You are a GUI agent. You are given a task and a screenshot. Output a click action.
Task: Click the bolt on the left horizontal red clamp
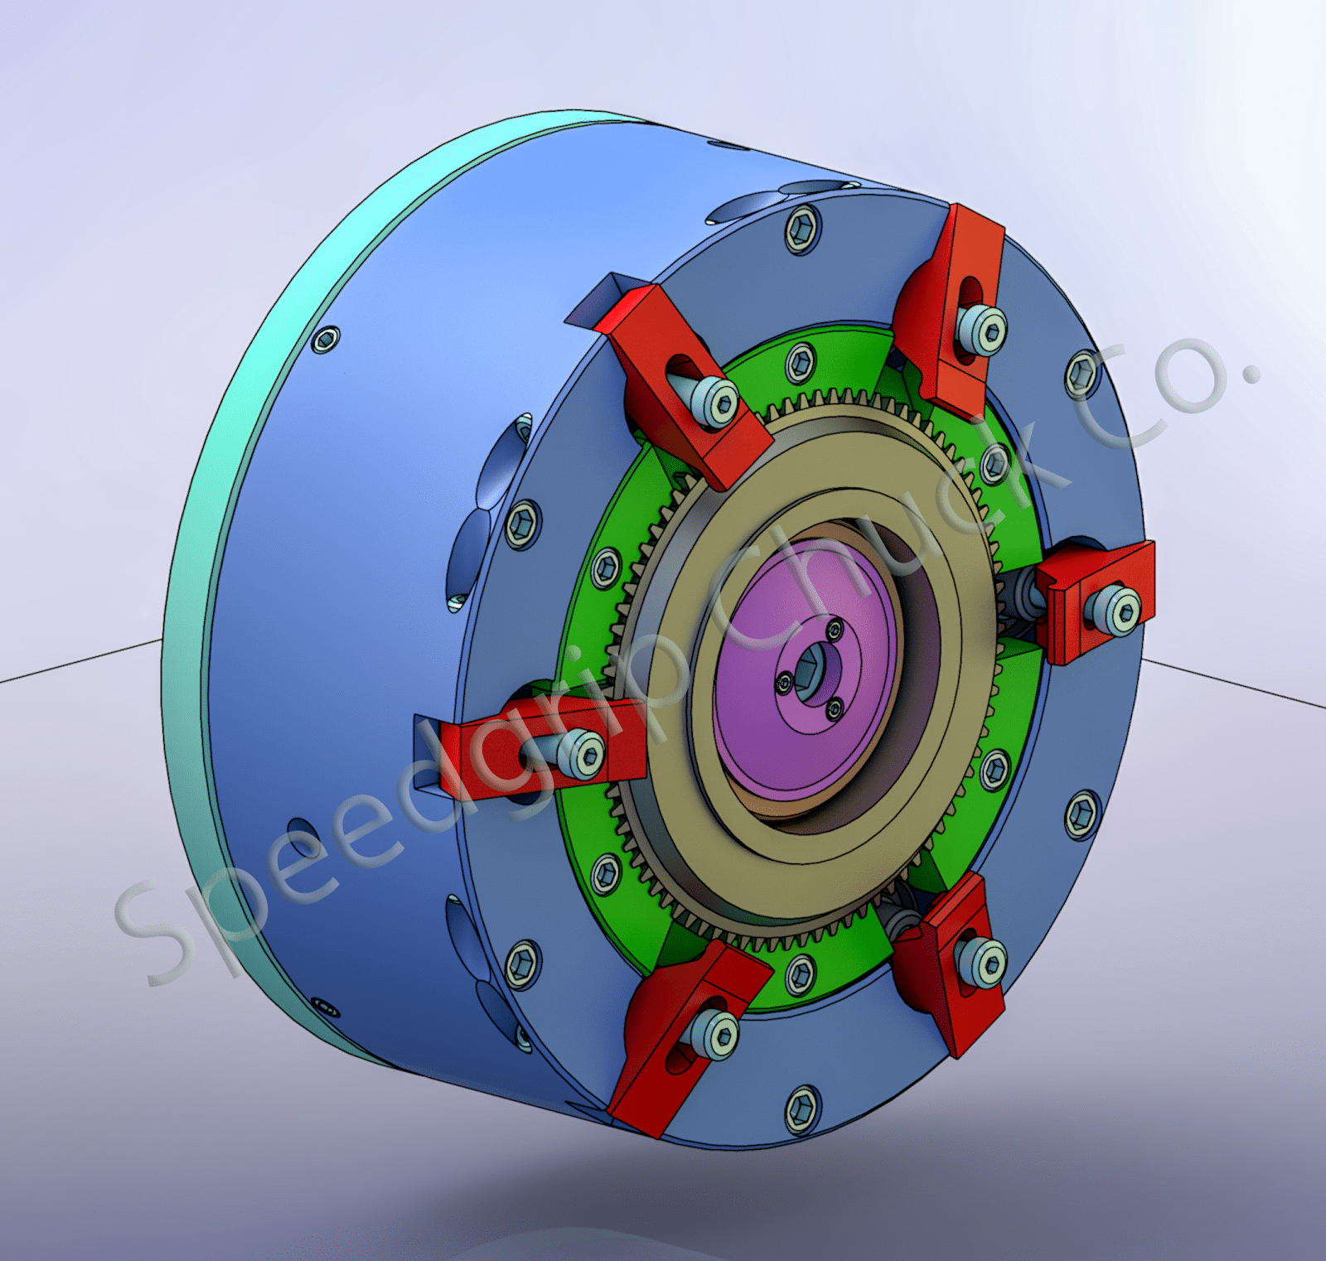[583, 754]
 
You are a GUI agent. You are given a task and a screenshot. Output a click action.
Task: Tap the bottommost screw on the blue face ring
[801, 1109]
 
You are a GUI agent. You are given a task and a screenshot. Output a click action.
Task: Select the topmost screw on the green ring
[800, 362]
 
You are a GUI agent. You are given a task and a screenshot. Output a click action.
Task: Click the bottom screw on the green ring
[800, 974]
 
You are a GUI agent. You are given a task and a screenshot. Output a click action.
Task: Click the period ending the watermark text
[1251, 372]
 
